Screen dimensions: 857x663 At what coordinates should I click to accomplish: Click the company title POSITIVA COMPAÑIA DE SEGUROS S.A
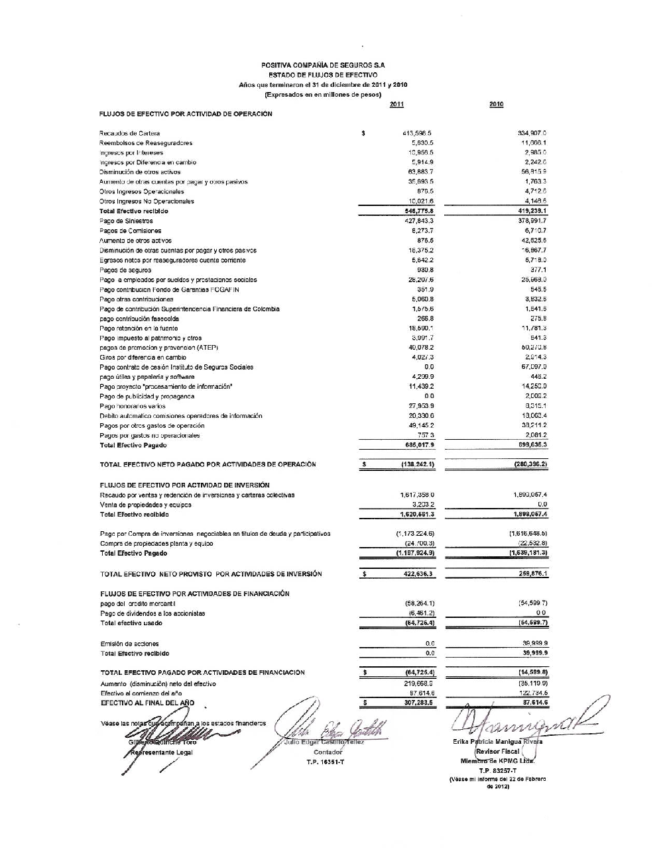(323, 66)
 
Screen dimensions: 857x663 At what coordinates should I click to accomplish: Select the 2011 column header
(396, 105)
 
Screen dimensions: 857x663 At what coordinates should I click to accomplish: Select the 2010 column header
(496, 105)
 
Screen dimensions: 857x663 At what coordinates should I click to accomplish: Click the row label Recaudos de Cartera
(129, 134)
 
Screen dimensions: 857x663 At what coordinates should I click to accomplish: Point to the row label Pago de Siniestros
(126, 221)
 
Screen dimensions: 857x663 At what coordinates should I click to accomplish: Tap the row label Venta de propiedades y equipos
(145, 505)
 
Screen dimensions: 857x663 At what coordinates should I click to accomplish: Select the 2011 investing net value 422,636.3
(418, 574)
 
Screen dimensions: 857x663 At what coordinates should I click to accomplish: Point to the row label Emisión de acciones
(129, 644)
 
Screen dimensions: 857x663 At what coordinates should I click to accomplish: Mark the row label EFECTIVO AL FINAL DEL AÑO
(147, 703)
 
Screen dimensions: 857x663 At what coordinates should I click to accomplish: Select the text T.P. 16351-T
(326, 762)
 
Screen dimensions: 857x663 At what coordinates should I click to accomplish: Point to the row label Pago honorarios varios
(132, 406)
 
